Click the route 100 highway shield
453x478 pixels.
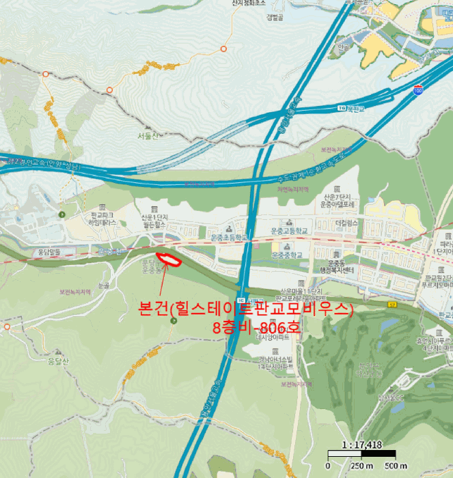[x=417, y=89]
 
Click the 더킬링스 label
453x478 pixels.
[x=348, y=223]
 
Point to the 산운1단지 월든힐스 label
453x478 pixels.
[x=154, y=221]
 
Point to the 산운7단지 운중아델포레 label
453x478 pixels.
[x=336, y=200]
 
